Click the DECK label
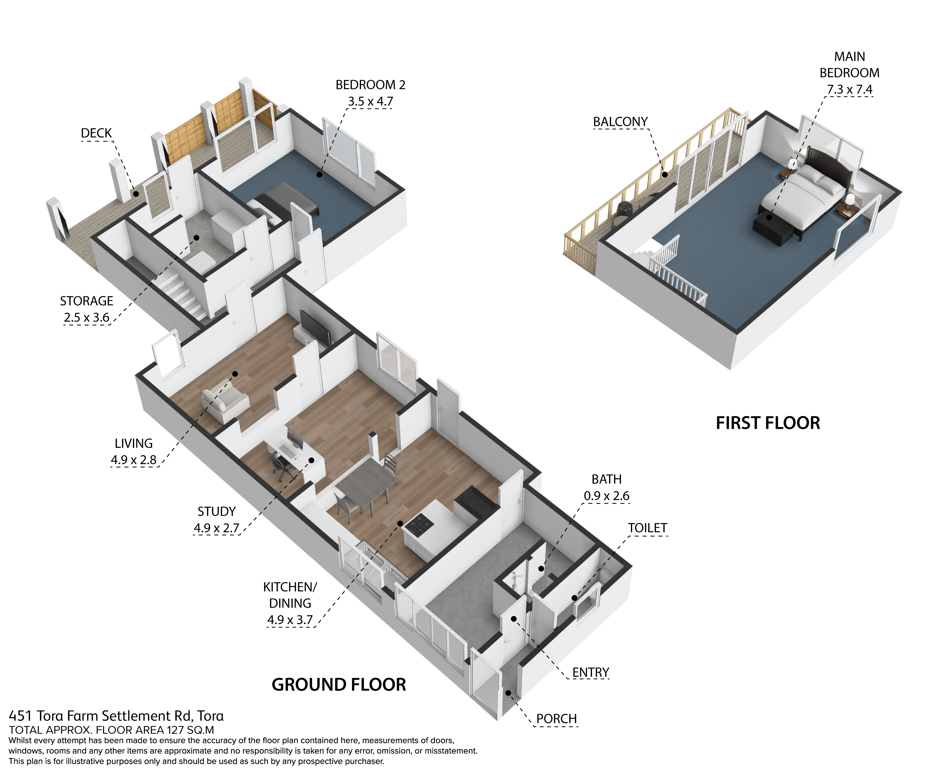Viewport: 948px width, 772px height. pos(96,133)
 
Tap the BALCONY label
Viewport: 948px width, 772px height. pos(620,121)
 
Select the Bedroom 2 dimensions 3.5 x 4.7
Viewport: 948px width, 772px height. pos(371,101)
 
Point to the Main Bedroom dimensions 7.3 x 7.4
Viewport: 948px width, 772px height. pos(849,89)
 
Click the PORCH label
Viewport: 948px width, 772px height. pos(556,719)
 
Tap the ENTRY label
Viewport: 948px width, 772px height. pos(590,672)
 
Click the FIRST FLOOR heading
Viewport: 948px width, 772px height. pos(768,423)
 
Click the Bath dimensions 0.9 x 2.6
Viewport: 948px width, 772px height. pos(606,496)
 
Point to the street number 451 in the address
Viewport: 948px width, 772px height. pos(20,716)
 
